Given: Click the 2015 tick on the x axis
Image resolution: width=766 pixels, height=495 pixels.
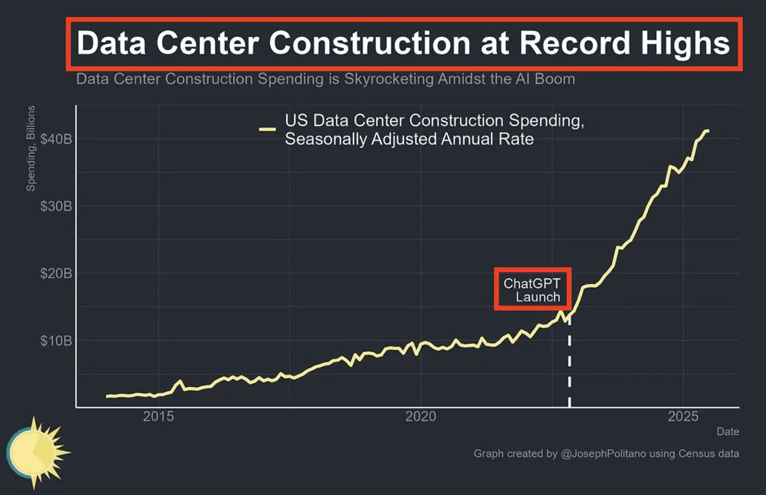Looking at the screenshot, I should coord(159,417).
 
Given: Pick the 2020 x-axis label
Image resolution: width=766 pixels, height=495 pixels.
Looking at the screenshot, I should coord(420,417).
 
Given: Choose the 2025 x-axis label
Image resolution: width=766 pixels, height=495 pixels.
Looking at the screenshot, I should coord(682,417).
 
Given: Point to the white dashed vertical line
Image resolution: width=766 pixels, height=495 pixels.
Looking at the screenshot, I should coord(570,364).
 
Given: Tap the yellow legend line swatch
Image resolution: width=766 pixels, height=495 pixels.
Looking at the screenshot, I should coord(267,129).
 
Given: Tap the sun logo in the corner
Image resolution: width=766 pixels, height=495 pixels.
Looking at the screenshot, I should coord(37,451).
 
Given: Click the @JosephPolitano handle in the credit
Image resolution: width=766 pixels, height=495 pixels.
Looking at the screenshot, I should coord(603,454).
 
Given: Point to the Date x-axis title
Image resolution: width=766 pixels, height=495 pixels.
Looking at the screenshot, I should coord(728,432).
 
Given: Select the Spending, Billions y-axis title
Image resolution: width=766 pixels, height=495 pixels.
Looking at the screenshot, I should coord(31,148).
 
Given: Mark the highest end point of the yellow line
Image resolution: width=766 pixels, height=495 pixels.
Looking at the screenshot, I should coord(707,130).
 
